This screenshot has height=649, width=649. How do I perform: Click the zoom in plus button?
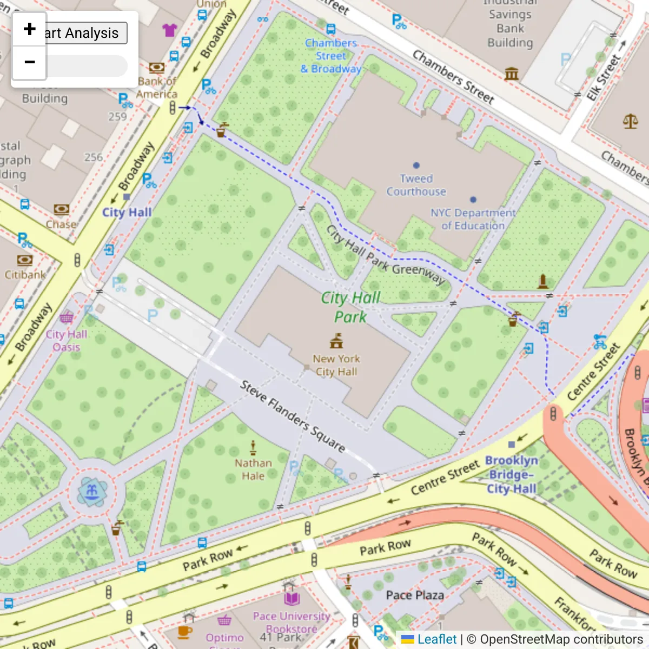(x=30, y=29)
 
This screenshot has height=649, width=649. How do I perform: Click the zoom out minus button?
(x=30, y=63)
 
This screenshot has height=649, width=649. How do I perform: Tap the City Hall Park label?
(x=350, y=307)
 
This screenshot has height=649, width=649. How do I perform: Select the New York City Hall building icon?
(x=336, y=341)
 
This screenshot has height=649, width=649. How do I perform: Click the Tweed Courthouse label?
(x=416, y=185)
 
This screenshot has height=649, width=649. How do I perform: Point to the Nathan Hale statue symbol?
(x=253, y=447)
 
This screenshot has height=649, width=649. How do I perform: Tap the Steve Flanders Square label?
(x=293, y=416)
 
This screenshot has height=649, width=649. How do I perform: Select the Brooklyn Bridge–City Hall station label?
(x=511, y=474)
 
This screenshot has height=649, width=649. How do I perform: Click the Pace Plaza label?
(x=415, y=595)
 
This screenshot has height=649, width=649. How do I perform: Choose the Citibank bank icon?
(x=24, y=260)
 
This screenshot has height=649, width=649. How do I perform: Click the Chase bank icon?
(x=61, y=209)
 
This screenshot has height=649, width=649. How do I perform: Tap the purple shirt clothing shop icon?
(x=169, y=30)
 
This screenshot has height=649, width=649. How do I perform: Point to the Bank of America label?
(x=157, y=88)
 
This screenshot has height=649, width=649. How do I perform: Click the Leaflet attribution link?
(x=436, y=639)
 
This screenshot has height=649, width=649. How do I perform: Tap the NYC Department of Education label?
(x=473, y=219)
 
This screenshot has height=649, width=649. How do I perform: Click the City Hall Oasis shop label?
(x=66, y=341)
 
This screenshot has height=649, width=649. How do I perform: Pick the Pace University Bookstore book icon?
(x=292, y=598)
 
